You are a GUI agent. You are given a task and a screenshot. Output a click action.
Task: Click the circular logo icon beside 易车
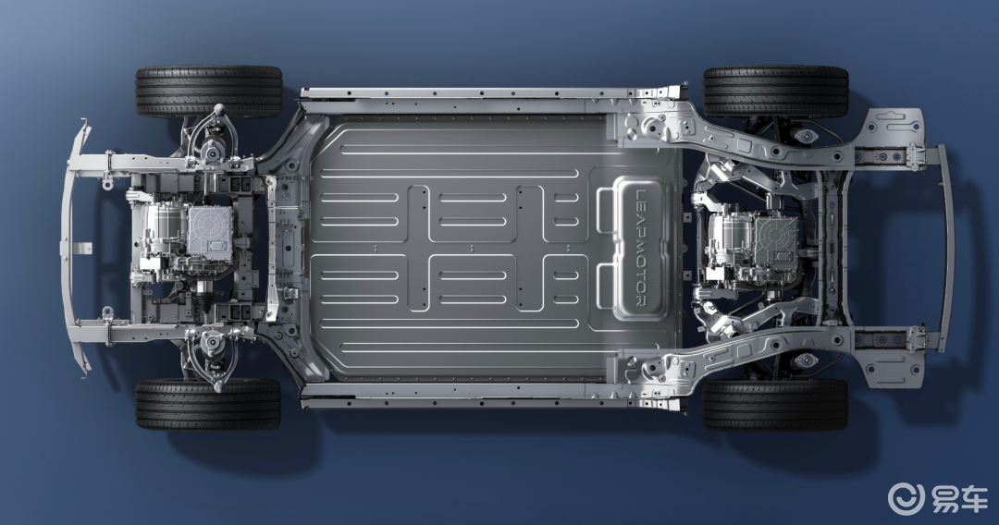[906, 498]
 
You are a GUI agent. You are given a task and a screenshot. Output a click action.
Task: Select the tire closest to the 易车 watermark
[775, 405]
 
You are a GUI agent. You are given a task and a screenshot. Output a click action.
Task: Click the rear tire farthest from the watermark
[776, 91]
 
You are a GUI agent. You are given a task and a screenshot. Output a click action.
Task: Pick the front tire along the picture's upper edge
[209, 92]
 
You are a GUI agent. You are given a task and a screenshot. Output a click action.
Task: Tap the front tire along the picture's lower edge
[208, 404]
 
